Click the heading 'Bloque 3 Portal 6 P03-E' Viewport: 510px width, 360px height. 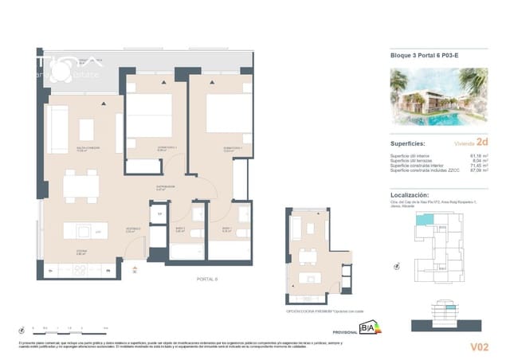point(423,55)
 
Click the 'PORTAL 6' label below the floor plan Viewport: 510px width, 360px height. point(207,279)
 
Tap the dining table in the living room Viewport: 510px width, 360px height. point(81,188)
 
